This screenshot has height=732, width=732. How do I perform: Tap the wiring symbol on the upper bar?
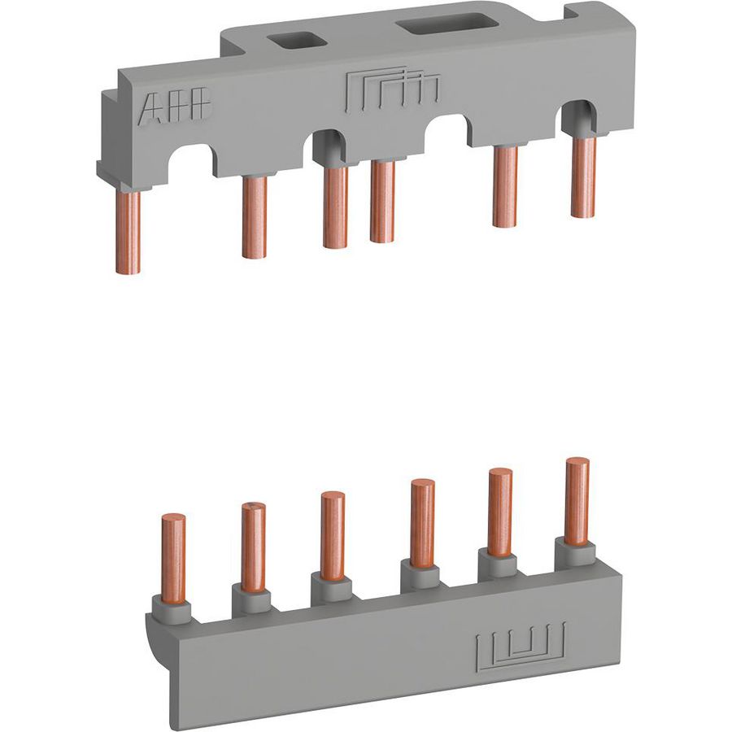[392, 91]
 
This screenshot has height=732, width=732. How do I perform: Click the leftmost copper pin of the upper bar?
[128, 232]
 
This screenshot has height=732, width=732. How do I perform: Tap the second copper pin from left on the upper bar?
[255, 216]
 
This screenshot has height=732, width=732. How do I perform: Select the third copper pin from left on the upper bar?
[335, 207]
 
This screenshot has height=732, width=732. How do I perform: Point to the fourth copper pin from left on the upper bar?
[382, 202]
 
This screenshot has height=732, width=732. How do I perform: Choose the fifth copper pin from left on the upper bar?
[505, 187]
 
